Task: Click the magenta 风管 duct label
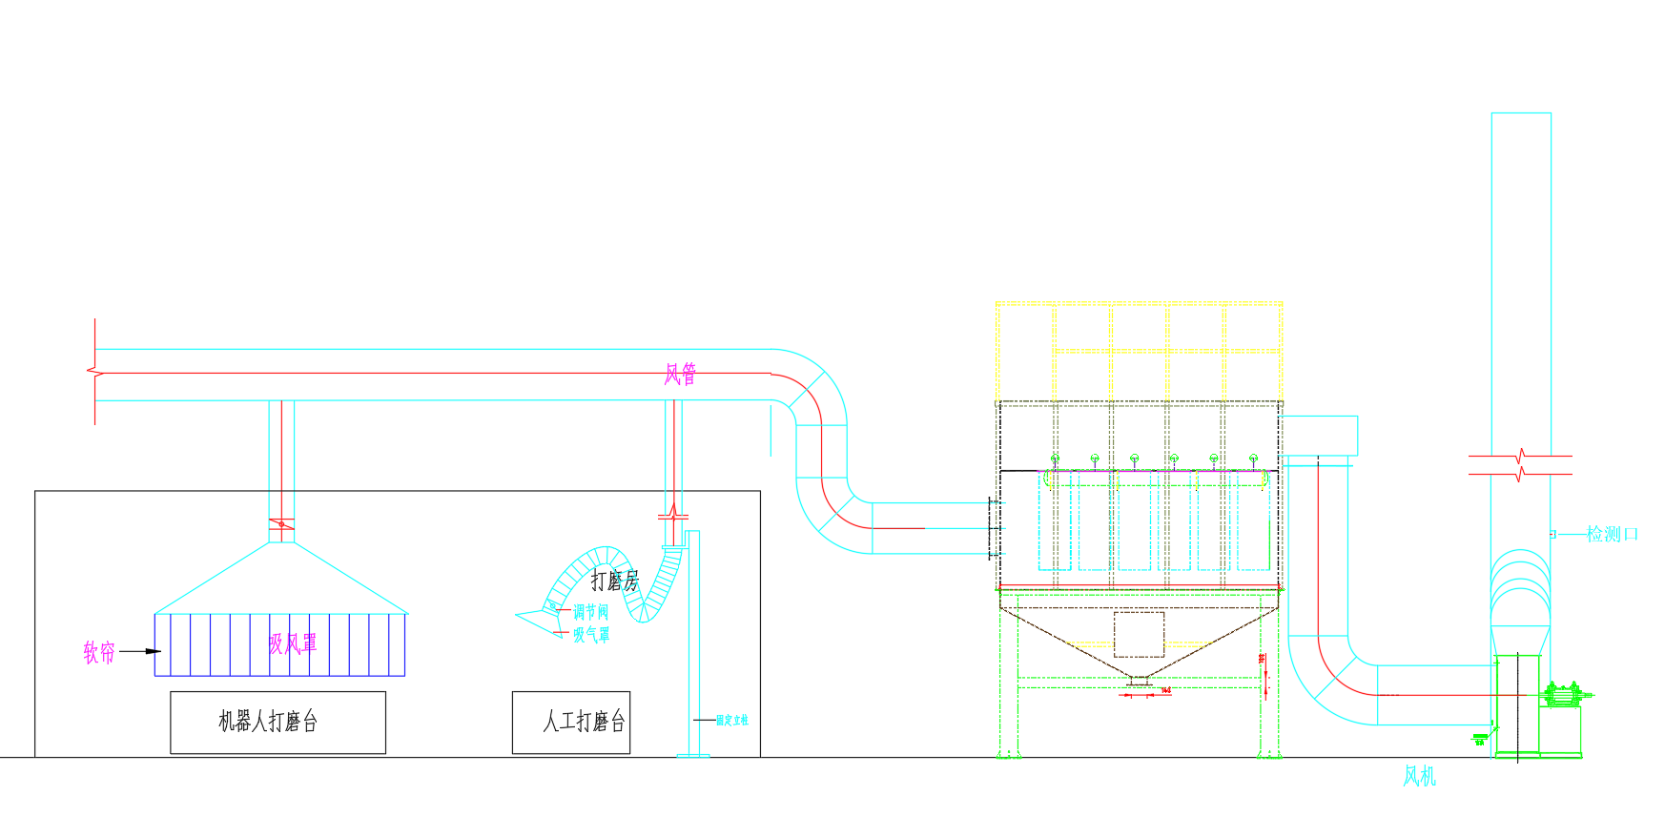(x=680, y=375)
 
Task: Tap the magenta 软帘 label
(x=99, y=652)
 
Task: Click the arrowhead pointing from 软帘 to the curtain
(x=153, y=651)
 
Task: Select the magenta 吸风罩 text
(x=293, y=644)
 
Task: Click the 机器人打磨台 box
(x=277, y=722)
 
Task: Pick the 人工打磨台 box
(x=571, y=722)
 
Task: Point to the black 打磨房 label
(x=614, y=581)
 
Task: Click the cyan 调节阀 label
(x=590, y=612)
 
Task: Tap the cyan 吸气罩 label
(x=591, y=634)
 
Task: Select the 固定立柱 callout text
(x=732, y=720)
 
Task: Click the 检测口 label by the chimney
(x=1612, y=534)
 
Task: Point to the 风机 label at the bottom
(x=1419, y=777)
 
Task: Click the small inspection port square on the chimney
(x=1552, y=534)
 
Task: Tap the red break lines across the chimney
(x=1520, y=465)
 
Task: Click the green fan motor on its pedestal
(x=1562, y=695)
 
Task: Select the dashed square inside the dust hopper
(x=1139, y=634)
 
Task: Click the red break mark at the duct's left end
(x=93, y=371)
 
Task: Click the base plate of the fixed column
(x=693, y=756)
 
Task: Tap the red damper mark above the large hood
(x=281, y=523)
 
